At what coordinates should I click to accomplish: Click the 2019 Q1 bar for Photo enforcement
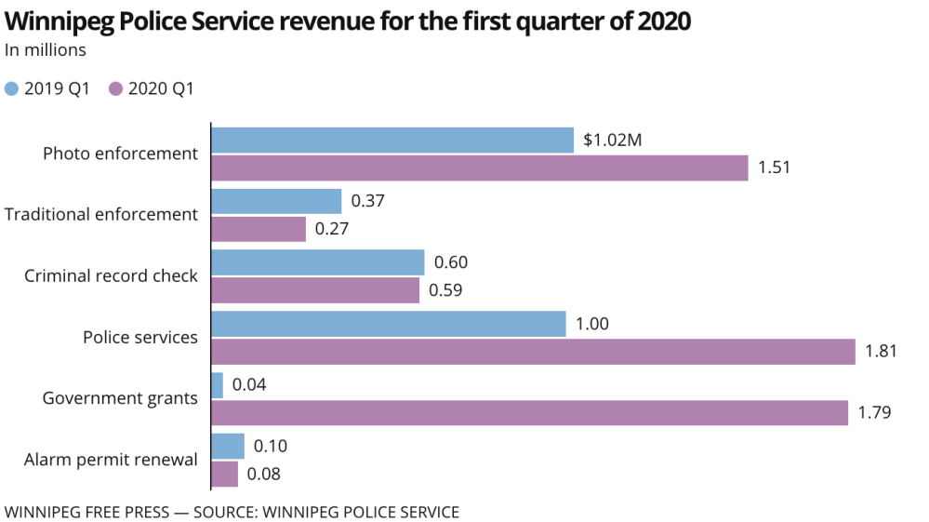[392, 140]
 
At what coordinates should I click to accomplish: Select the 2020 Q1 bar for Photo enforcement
[480, 168]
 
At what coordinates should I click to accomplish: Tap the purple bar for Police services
[533, 352]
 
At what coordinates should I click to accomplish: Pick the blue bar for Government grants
[218, 384]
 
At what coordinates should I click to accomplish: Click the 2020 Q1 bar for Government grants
[530, 412]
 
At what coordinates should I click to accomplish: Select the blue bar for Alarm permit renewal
[228, 446]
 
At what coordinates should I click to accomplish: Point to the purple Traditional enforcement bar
[259, 229]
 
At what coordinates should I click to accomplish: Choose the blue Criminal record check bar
[318, 262]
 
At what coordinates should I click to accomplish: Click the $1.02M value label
[613, 141]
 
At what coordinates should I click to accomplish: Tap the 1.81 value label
[882, 352]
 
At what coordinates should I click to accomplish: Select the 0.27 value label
[332, 230]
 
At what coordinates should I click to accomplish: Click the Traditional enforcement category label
[101, 215]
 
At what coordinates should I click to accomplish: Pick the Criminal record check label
[111, 276]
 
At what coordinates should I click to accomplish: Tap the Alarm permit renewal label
[111, 460]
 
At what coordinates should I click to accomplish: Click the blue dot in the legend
[11, 89]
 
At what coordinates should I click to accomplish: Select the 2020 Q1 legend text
[161, 89]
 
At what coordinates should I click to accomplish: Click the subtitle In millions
[46, 50]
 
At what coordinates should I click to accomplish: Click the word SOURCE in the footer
[226, 512]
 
